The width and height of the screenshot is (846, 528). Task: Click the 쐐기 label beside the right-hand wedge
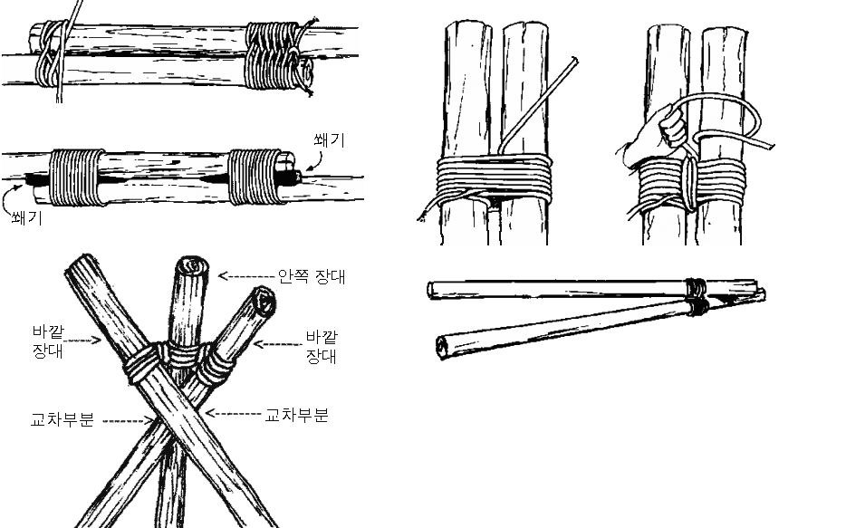(x=329, y=140)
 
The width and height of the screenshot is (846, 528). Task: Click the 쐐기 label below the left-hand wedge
(x=27, y=218)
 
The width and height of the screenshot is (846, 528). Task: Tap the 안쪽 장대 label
(x=312, y=276)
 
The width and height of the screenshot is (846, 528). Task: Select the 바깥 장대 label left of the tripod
(x=48, y=341)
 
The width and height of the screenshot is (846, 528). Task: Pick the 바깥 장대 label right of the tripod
(x=322, y=346)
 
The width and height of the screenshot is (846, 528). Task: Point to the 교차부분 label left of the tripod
(x=62, y=419)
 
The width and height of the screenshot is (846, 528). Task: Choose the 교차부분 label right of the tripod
(x=297, y=415)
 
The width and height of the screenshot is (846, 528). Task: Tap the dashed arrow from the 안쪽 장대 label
(x=246, y=276)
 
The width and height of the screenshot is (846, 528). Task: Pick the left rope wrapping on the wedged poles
(x=76, y=178)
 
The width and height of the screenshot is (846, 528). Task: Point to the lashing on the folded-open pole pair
(x=697, y=297)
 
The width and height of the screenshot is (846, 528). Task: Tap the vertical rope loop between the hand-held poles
(x=689, y=183)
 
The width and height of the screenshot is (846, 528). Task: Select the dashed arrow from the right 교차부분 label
(x=235, y=414)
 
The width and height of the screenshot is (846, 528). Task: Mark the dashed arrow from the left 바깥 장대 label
(x=84, y=341)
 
